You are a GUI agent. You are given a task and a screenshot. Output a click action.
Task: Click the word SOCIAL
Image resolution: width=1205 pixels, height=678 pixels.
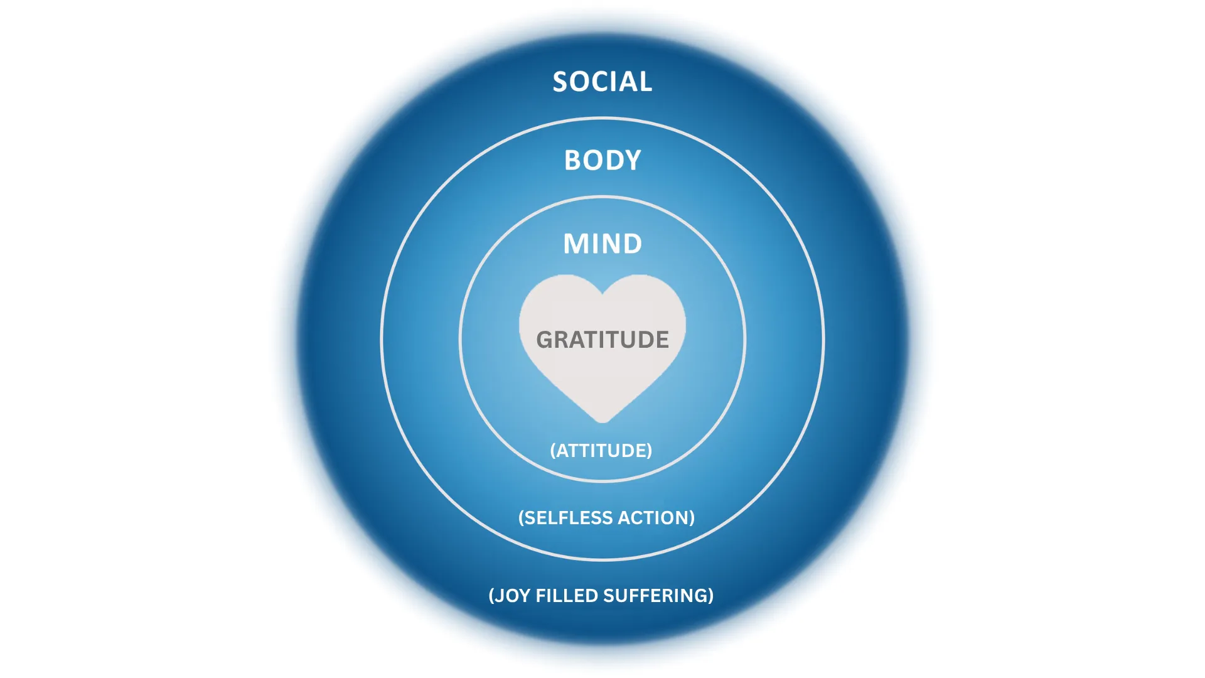(602, 82)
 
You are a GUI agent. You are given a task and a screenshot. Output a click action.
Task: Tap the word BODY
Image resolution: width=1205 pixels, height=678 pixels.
(602, 160)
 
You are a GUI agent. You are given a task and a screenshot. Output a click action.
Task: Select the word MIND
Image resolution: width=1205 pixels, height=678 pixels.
(602, 244)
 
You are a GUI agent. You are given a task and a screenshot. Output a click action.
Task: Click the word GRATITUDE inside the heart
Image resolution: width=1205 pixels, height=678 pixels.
(602, 340)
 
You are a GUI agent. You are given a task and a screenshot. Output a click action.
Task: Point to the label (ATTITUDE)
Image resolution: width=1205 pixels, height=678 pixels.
(601, 451)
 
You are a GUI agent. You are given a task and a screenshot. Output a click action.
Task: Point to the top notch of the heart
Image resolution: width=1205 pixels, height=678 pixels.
(602, 293)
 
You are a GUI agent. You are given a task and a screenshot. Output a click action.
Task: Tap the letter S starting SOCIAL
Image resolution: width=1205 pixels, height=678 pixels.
(560, 82)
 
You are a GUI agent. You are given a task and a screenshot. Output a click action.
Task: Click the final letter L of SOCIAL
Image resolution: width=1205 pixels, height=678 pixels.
(646, 82)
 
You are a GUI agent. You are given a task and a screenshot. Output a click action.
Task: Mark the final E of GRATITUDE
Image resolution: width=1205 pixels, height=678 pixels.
(662, 340)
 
